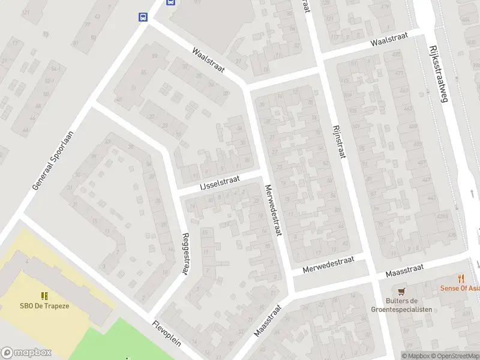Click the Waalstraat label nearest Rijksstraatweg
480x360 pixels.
point(389,40)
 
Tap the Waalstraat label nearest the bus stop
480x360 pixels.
point(208,61)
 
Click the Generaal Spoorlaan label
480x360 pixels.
point(53,161)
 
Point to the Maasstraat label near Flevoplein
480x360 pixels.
point(268,321)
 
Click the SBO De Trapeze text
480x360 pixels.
point(44,305)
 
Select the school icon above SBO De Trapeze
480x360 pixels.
point(44,295)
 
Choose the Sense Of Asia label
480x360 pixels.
point(461,288)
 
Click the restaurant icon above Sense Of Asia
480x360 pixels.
point(461,278)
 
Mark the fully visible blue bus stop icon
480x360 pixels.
point(143,17)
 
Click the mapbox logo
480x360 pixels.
point(26,353)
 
